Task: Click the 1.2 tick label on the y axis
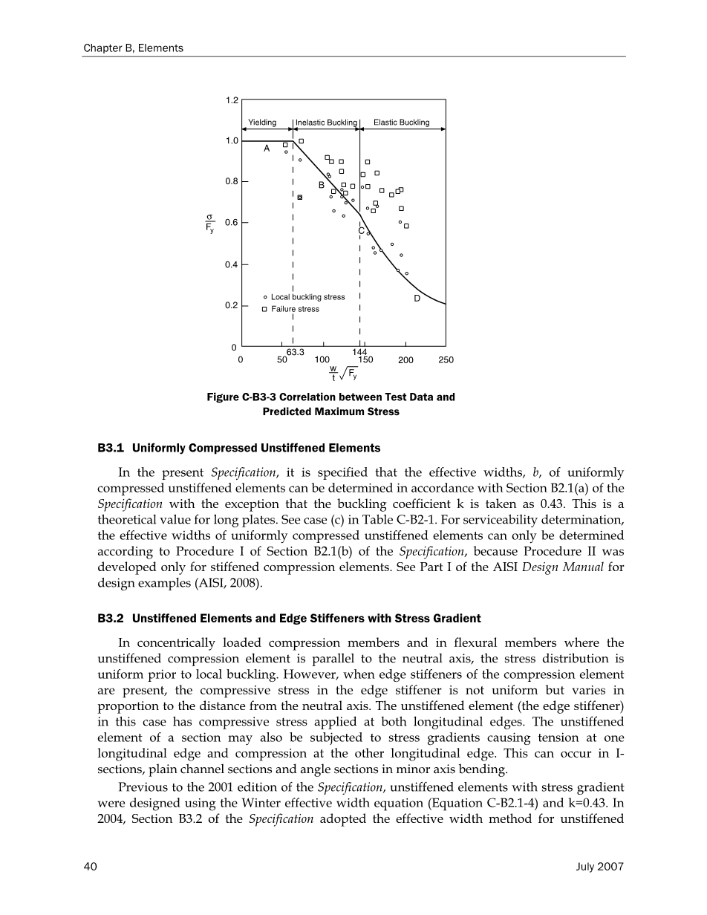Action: tap(232, 100)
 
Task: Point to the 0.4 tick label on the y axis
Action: tap(232, 264)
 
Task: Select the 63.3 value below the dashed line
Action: tap(296, 351)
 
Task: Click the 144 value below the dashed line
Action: tap(360, 351)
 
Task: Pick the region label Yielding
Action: tap(261, 123)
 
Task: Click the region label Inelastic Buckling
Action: tap(327, 123)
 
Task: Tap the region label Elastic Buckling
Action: tap(401, 123)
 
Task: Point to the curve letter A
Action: tap(267, 149)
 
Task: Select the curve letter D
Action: tap(417, 298)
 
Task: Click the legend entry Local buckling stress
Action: tap(307, 297)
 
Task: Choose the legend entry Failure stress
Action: tap(295, 309)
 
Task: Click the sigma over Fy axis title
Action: tap(210, 223)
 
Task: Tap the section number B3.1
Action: tap(111, 449)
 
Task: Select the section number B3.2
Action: tap(111, 618)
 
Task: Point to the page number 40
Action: tap(91, 866)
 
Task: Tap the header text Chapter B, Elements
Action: tap(133, 48)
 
